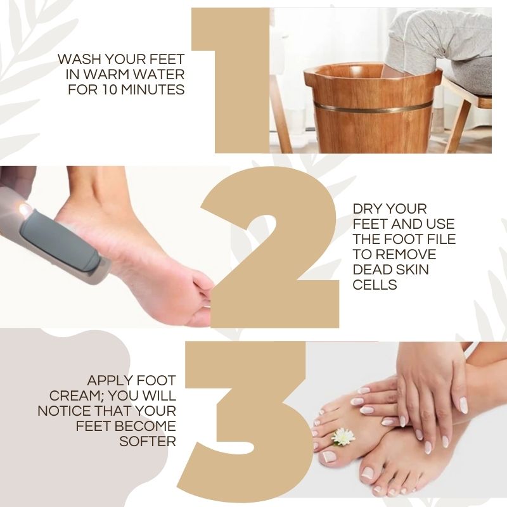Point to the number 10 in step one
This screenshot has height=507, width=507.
click(110, 89)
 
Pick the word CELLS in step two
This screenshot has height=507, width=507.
click(375, 285)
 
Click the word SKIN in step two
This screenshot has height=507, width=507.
click(411, 270)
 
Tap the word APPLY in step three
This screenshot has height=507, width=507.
click(108, 381)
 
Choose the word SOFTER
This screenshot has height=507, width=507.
click(148, 441)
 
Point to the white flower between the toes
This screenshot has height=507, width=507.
click(343, 437)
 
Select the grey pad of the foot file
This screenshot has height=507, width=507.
click(60, 240)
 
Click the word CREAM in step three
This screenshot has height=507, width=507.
click(76, 395)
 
